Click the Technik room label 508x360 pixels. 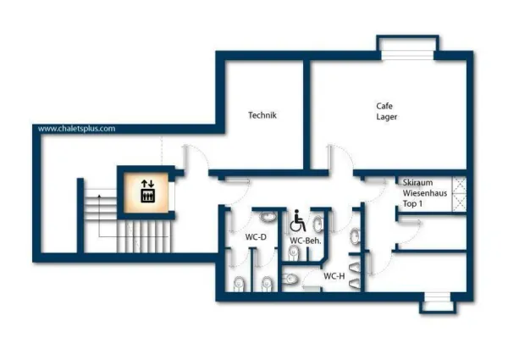tap(262, 115)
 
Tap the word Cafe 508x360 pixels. tap(386, 106)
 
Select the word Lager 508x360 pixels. tap(387, 117)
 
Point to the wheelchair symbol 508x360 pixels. tap(298, 223)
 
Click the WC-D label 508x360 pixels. tap(256, 237)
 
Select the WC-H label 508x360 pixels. tap(334, 275)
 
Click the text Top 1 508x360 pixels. tap(412, 205)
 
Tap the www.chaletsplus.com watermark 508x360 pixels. tap(76, 129)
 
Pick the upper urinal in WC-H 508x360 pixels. tap(356, 233)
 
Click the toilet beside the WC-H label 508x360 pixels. tap(290, 278)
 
